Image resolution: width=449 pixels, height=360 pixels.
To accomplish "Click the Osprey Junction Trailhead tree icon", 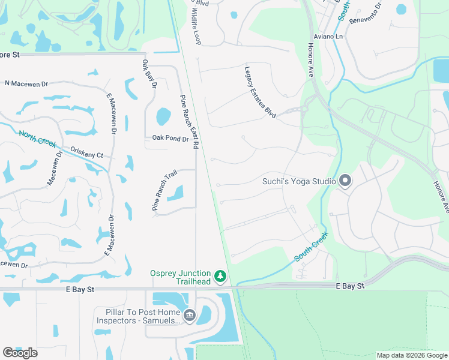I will pyautogui.click(x=221, y=276).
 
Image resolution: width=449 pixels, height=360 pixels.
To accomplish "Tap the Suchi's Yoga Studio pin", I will pyautogui.click(x=345, y=181).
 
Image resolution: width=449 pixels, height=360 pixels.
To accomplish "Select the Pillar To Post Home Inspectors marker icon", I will pyautogui.click(x=190, y=315).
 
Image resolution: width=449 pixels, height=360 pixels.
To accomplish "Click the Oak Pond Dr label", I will pyautogui.click(x=170, y=138).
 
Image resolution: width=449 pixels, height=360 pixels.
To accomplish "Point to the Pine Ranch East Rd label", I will pyautogui.click(x=188, y=122).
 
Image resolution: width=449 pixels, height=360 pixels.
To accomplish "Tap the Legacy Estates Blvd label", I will pyautogui.click(x=260, y=91).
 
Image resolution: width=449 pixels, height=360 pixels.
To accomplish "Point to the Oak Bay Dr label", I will pyautogui.click(x=149, y=75).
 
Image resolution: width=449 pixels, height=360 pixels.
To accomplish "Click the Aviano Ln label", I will pyautogui.click(x=330, y=37).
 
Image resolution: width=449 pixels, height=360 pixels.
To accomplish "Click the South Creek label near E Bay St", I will pyautogui.click(x=311, y=247).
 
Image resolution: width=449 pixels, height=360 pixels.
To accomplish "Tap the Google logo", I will pyautogui.click(x=20, y=353).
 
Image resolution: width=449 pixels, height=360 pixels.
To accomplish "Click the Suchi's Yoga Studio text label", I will pyautogui.click(x=298, y=181).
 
